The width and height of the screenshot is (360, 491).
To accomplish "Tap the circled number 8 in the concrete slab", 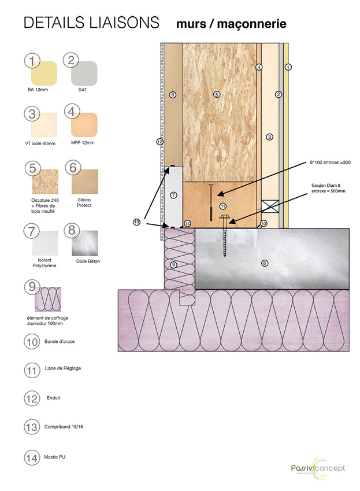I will pyautogui.click(x=265, y=263).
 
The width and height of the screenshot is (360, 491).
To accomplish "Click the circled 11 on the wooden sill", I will pyautogui.click(x=223, y=205).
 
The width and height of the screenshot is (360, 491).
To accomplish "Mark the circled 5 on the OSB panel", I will pyautogui.click(x=217, y=94).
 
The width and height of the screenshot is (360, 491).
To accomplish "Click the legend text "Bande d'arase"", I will pyautogui.click(x=60, y=342).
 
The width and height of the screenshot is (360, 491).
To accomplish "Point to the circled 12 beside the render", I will pyautogui.click(x=160, y=141).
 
